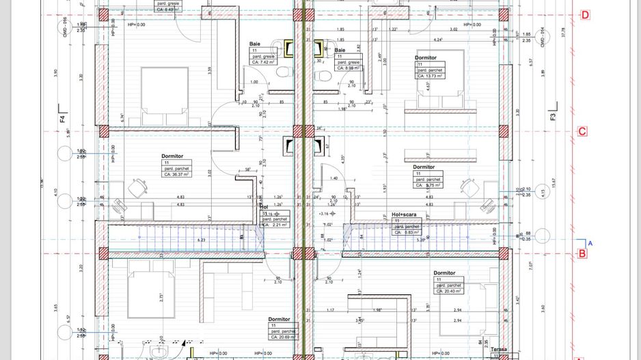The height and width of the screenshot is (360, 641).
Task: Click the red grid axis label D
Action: click(x=584, y=15)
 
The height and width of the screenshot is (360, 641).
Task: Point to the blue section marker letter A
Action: click(x=590, y=242)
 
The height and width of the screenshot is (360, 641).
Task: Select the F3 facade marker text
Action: click(x=553, y=117)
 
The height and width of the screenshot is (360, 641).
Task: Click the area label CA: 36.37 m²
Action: click(x=176, y=175)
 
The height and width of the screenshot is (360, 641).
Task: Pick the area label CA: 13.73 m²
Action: click(x=430, y=77)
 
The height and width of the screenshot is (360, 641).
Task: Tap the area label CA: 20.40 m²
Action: click(x=449, y=291)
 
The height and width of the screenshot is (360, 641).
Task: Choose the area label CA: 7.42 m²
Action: click(x=264, y=62)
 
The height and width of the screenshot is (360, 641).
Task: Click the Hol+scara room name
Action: click(x=405, y=214)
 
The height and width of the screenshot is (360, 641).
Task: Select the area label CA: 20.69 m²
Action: click(x=283, y=337)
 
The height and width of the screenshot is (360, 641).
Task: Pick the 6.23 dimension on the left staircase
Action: click(x=201, y=240)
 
